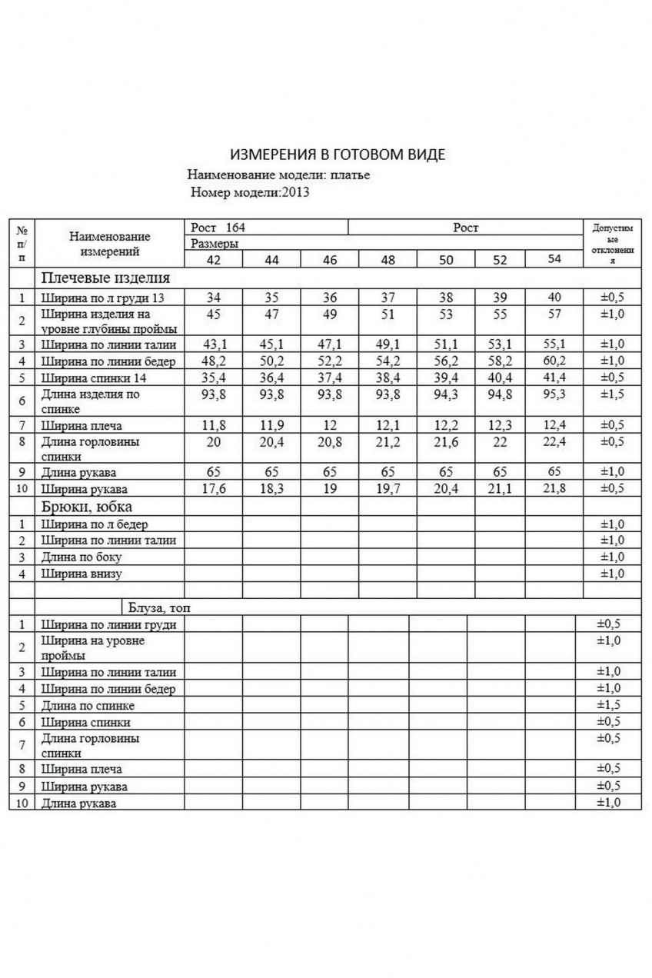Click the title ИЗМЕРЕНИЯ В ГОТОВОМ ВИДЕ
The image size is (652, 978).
pyautogui.click(x=338, y=155)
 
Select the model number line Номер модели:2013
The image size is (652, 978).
pyautogui.click(x=249, y=192)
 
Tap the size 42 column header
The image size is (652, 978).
pyautogui.click(x=213, y=260)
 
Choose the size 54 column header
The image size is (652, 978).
pyautogui.click(x=554, y=259)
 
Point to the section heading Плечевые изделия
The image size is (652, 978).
pyautogui.click(x=105, y=278)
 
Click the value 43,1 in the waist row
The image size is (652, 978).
pyautogui.click(x=213, y=344)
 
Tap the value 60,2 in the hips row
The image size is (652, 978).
pyautogui.click(x=554, y=361)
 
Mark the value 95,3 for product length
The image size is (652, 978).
pyautogui.click(x=554, y=394)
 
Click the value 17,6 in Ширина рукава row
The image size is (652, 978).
pyautogui.click(x=213, y=489)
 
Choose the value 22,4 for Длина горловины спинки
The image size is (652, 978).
pyautogui.click(x=554, y=442)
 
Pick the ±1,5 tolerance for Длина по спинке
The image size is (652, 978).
pyautogui.click(x=608, y=705)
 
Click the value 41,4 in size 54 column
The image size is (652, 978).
pyautogui.click(x=554, y=378)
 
